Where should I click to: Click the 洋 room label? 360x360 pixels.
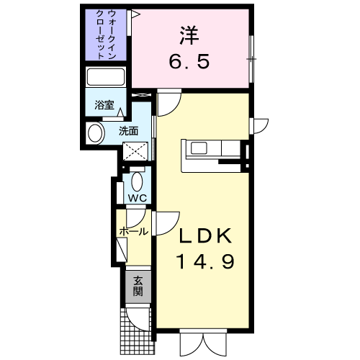[x=189, y=35]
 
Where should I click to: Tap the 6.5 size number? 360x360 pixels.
[x=189, y=61]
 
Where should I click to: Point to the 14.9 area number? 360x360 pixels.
[x=205, y=261]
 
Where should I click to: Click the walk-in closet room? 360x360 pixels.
[x=106, y=35]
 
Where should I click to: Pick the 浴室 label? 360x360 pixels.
[x=104, y=105]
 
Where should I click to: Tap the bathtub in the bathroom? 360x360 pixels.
[x=106, y=77]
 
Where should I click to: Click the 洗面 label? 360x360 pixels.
[x=129, y=131]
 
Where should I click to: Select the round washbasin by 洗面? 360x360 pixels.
[x=96, y=133]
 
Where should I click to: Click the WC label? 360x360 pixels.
[x=138, y=198]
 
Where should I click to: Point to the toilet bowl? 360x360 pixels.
[x=138, y=181]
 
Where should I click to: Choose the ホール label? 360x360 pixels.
[x=133, y=232]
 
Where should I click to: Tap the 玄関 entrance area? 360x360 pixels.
[x=138, y=287]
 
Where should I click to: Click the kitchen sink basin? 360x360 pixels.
[x=199, y=148]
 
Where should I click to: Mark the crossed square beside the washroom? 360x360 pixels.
[x=135, y=151]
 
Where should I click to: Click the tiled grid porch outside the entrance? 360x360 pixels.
[x=137, y=331]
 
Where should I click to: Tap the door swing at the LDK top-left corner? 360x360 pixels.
[x=169, y=102]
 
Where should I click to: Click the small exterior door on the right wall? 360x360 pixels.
[x=258, y=126]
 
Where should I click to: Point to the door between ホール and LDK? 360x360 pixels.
[x=166, y=223]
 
